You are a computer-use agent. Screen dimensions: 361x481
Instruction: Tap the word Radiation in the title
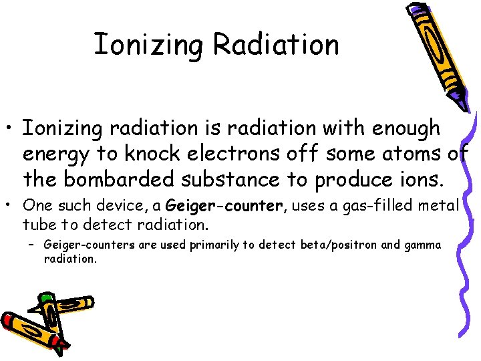(x=275, y=44)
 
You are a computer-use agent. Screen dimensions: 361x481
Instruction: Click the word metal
(x=437, y=205)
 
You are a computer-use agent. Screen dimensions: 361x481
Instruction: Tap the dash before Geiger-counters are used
(x=32, y=245)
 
